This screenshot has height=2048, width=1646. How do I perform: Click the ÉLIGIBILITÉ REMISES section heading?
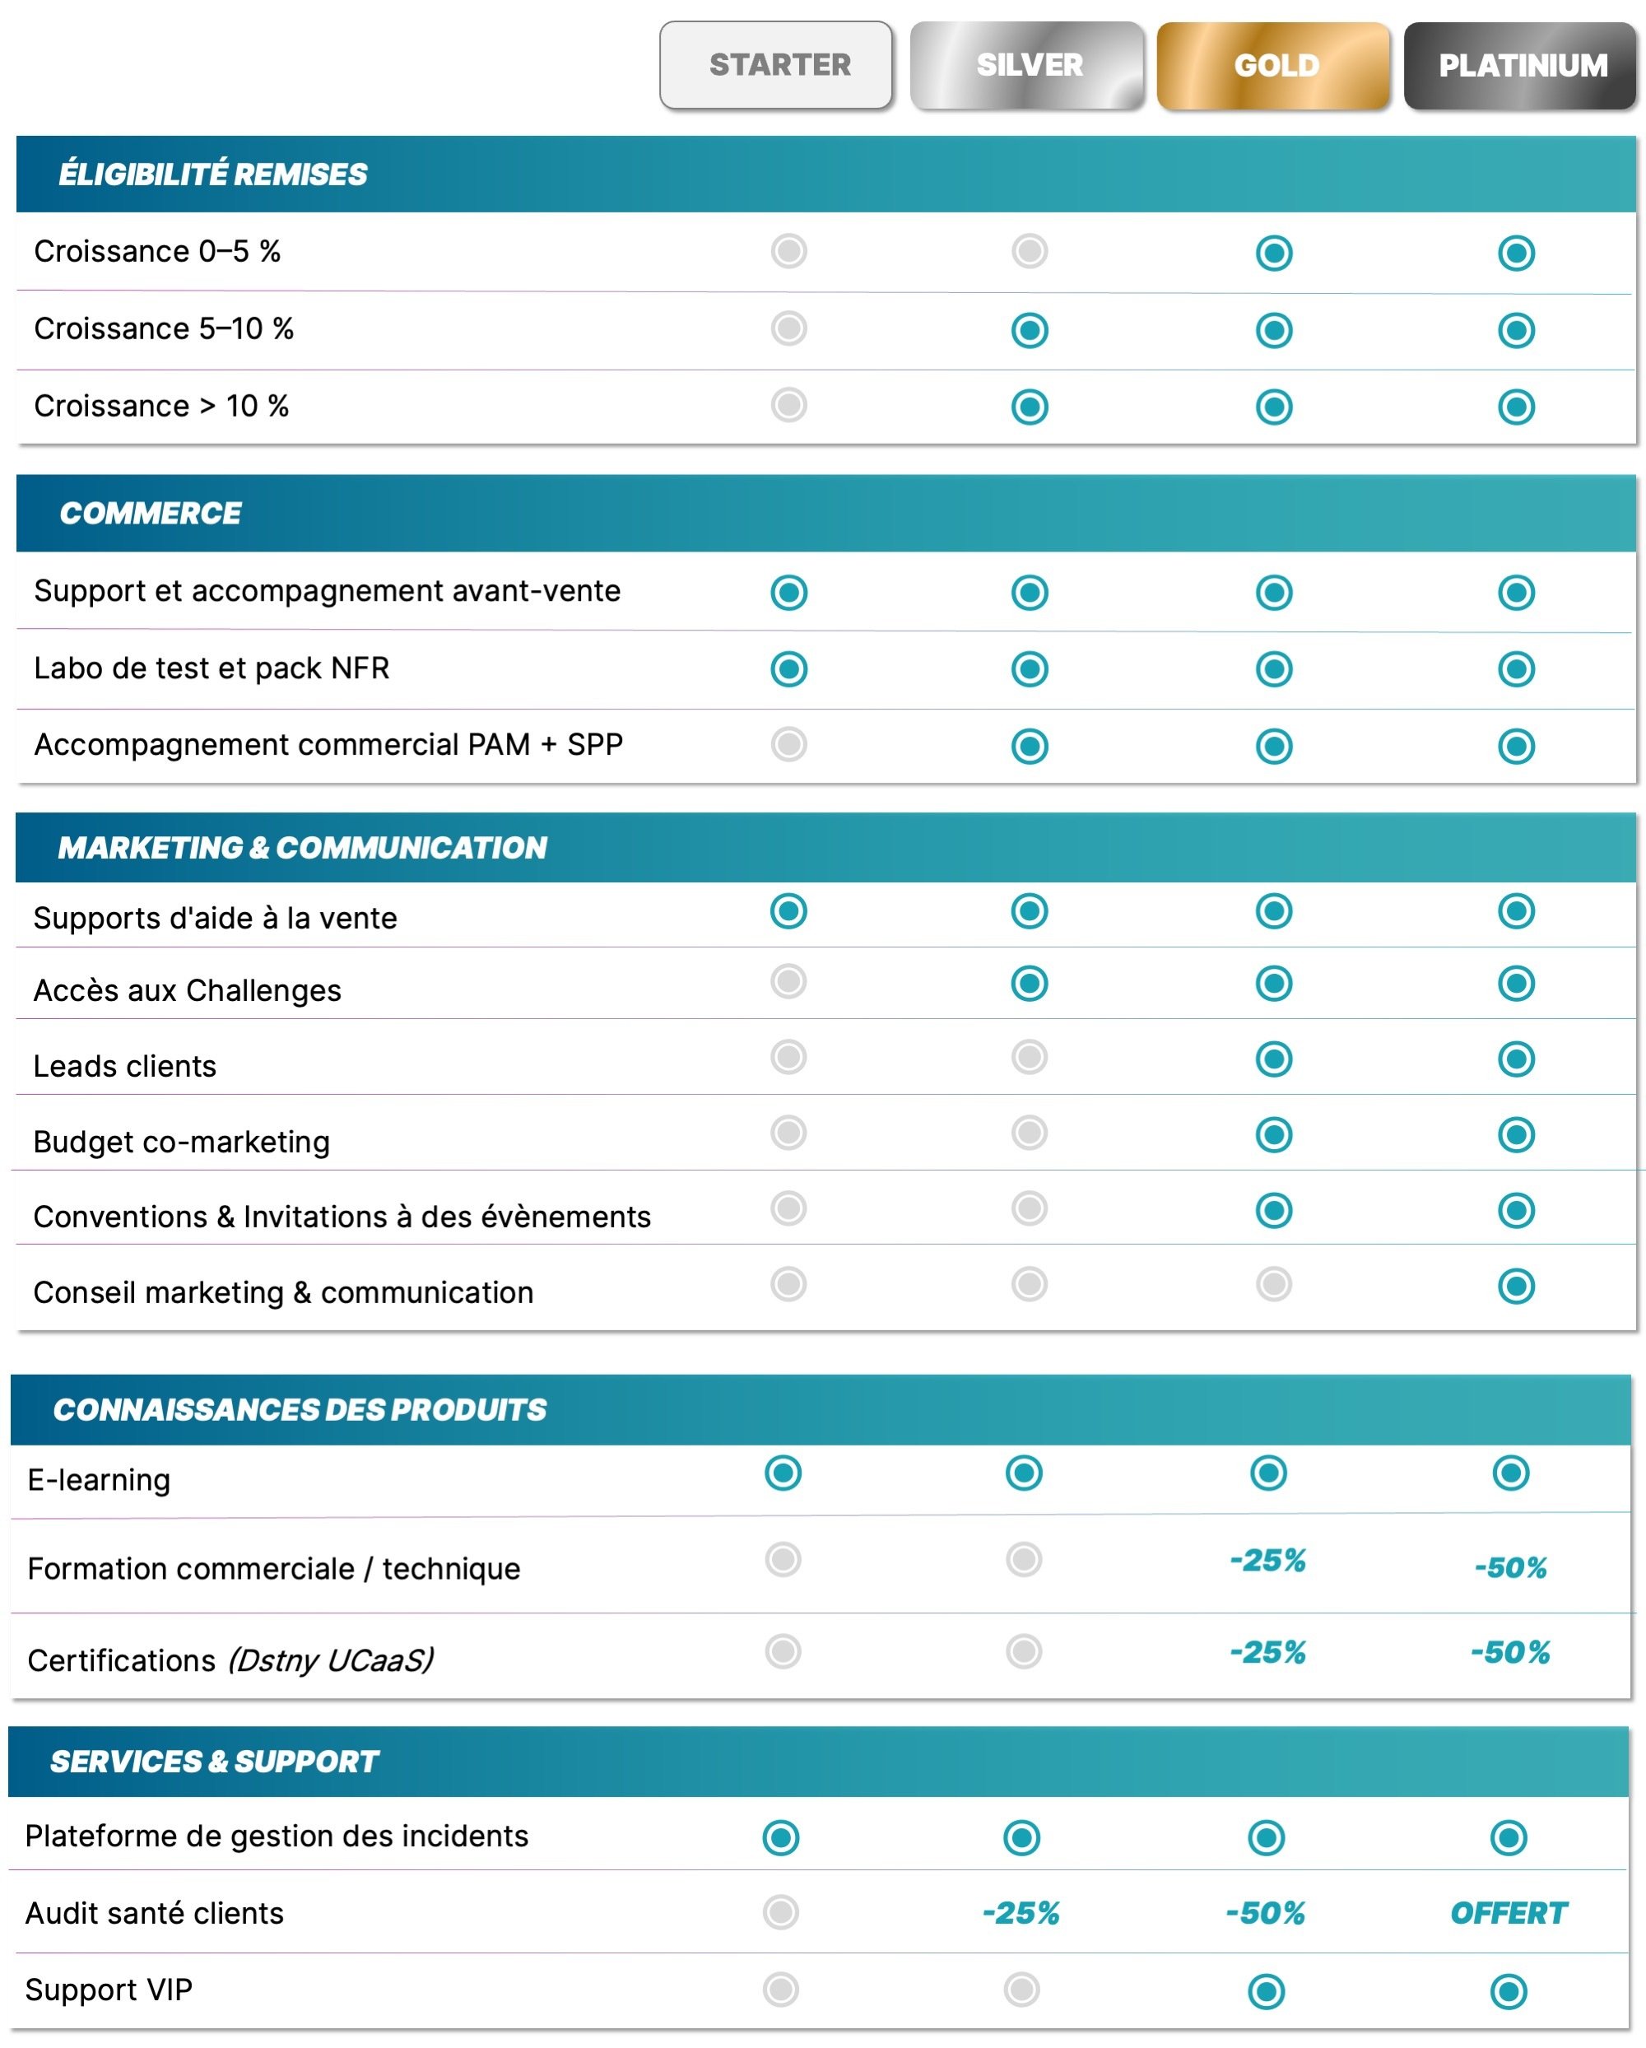(213, 174)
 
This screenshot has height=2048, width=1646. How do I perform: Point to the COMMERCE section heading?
(150, 513)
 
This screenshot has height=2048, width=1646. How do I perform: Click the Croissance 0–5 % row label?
(156, 251)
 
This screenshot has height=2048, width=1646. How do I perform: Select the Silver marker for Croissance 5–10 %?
(1029, 329)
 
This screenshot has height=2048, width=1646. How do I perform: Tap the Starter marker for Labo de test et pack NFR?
(788, 668)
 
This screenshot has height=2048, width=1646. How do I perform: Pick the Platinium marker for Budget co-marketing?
(1515, 1133)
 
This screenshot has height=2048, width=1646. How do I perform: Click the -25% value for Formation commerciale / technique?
(1267, 1560)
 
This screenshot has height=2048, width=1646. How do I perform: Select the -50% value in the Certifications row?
(1509, 1652)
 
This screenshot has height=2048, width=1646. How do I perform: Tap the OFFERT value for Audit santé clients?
(1508, 1912)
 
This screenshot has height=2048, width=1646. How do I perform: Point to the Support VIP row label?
(109, 1988)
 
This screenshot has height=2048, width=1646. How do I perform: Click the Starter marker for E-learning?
(783, 1473)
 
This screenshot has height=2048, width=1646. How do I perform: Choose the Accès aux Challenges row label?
(187, 989)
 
